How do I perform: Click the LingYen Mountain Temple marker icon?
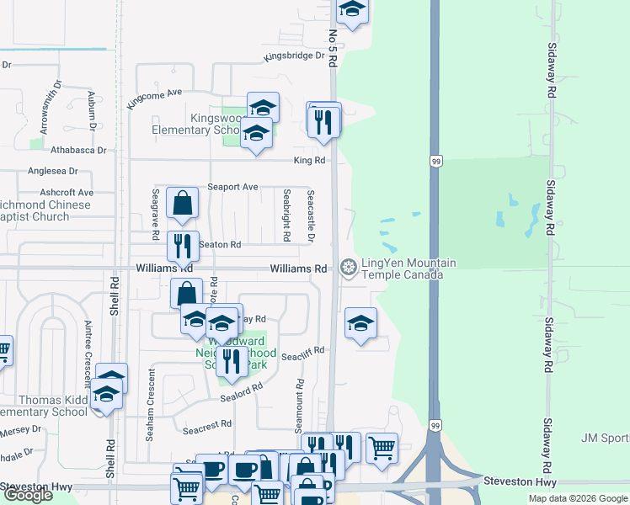coord(347,268)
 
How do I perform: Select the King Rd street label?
coord(309,160)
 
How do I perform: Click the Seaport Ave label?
coord(234,187)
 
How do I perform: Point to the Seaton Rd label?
coord(221,245)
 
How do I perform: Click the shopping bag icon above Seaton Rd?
coord(182,203)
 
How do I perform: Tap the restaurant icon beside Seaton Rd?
coord(183,246)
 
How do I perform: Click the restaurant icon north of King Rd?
coord(324,123)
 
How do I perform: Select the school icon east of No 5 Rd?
coord(360,324)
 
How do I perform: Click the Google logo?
coord(27,496)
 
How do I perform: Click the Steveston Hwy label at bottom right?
coord(520,482)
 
